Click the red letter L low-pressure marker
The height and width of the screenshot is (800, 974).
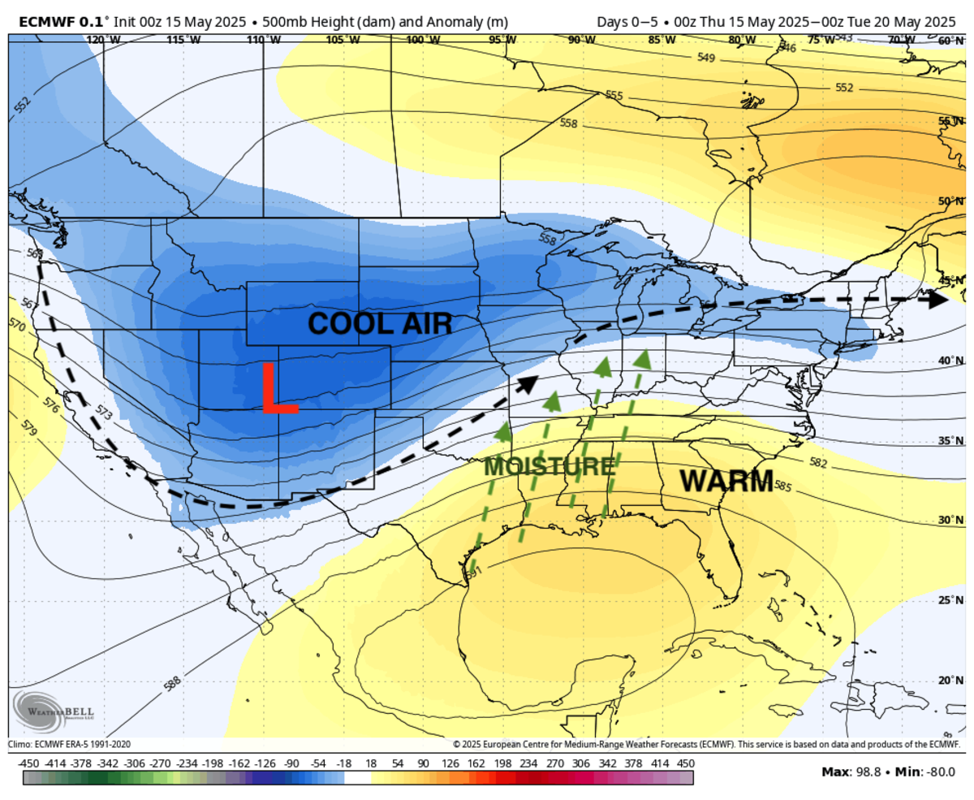coord(278,387)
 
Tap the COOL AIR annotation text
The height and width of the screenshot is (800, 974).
coord(380,324)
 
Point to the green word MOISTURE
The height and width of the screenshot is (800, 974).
coord(549,467)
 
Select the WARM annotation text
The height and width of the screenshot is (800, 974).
coord(726,481)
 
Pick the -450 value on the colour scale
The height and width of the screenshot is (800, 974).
coord(29,763)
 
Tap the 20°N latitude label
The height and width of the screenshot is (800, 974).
coord(950,681)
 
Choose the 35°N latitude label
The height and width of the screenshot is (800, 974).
coord(950,441)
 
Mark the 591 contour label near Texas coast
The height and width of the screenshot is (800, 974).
coord(473,573)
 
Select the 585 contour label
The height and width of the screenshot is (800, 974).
coord(782,486)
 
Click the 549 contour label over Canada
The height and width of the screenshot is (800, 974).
coord(706,58)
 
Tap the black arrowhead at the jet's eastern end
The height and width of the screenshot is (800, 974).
coord(938,299)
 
